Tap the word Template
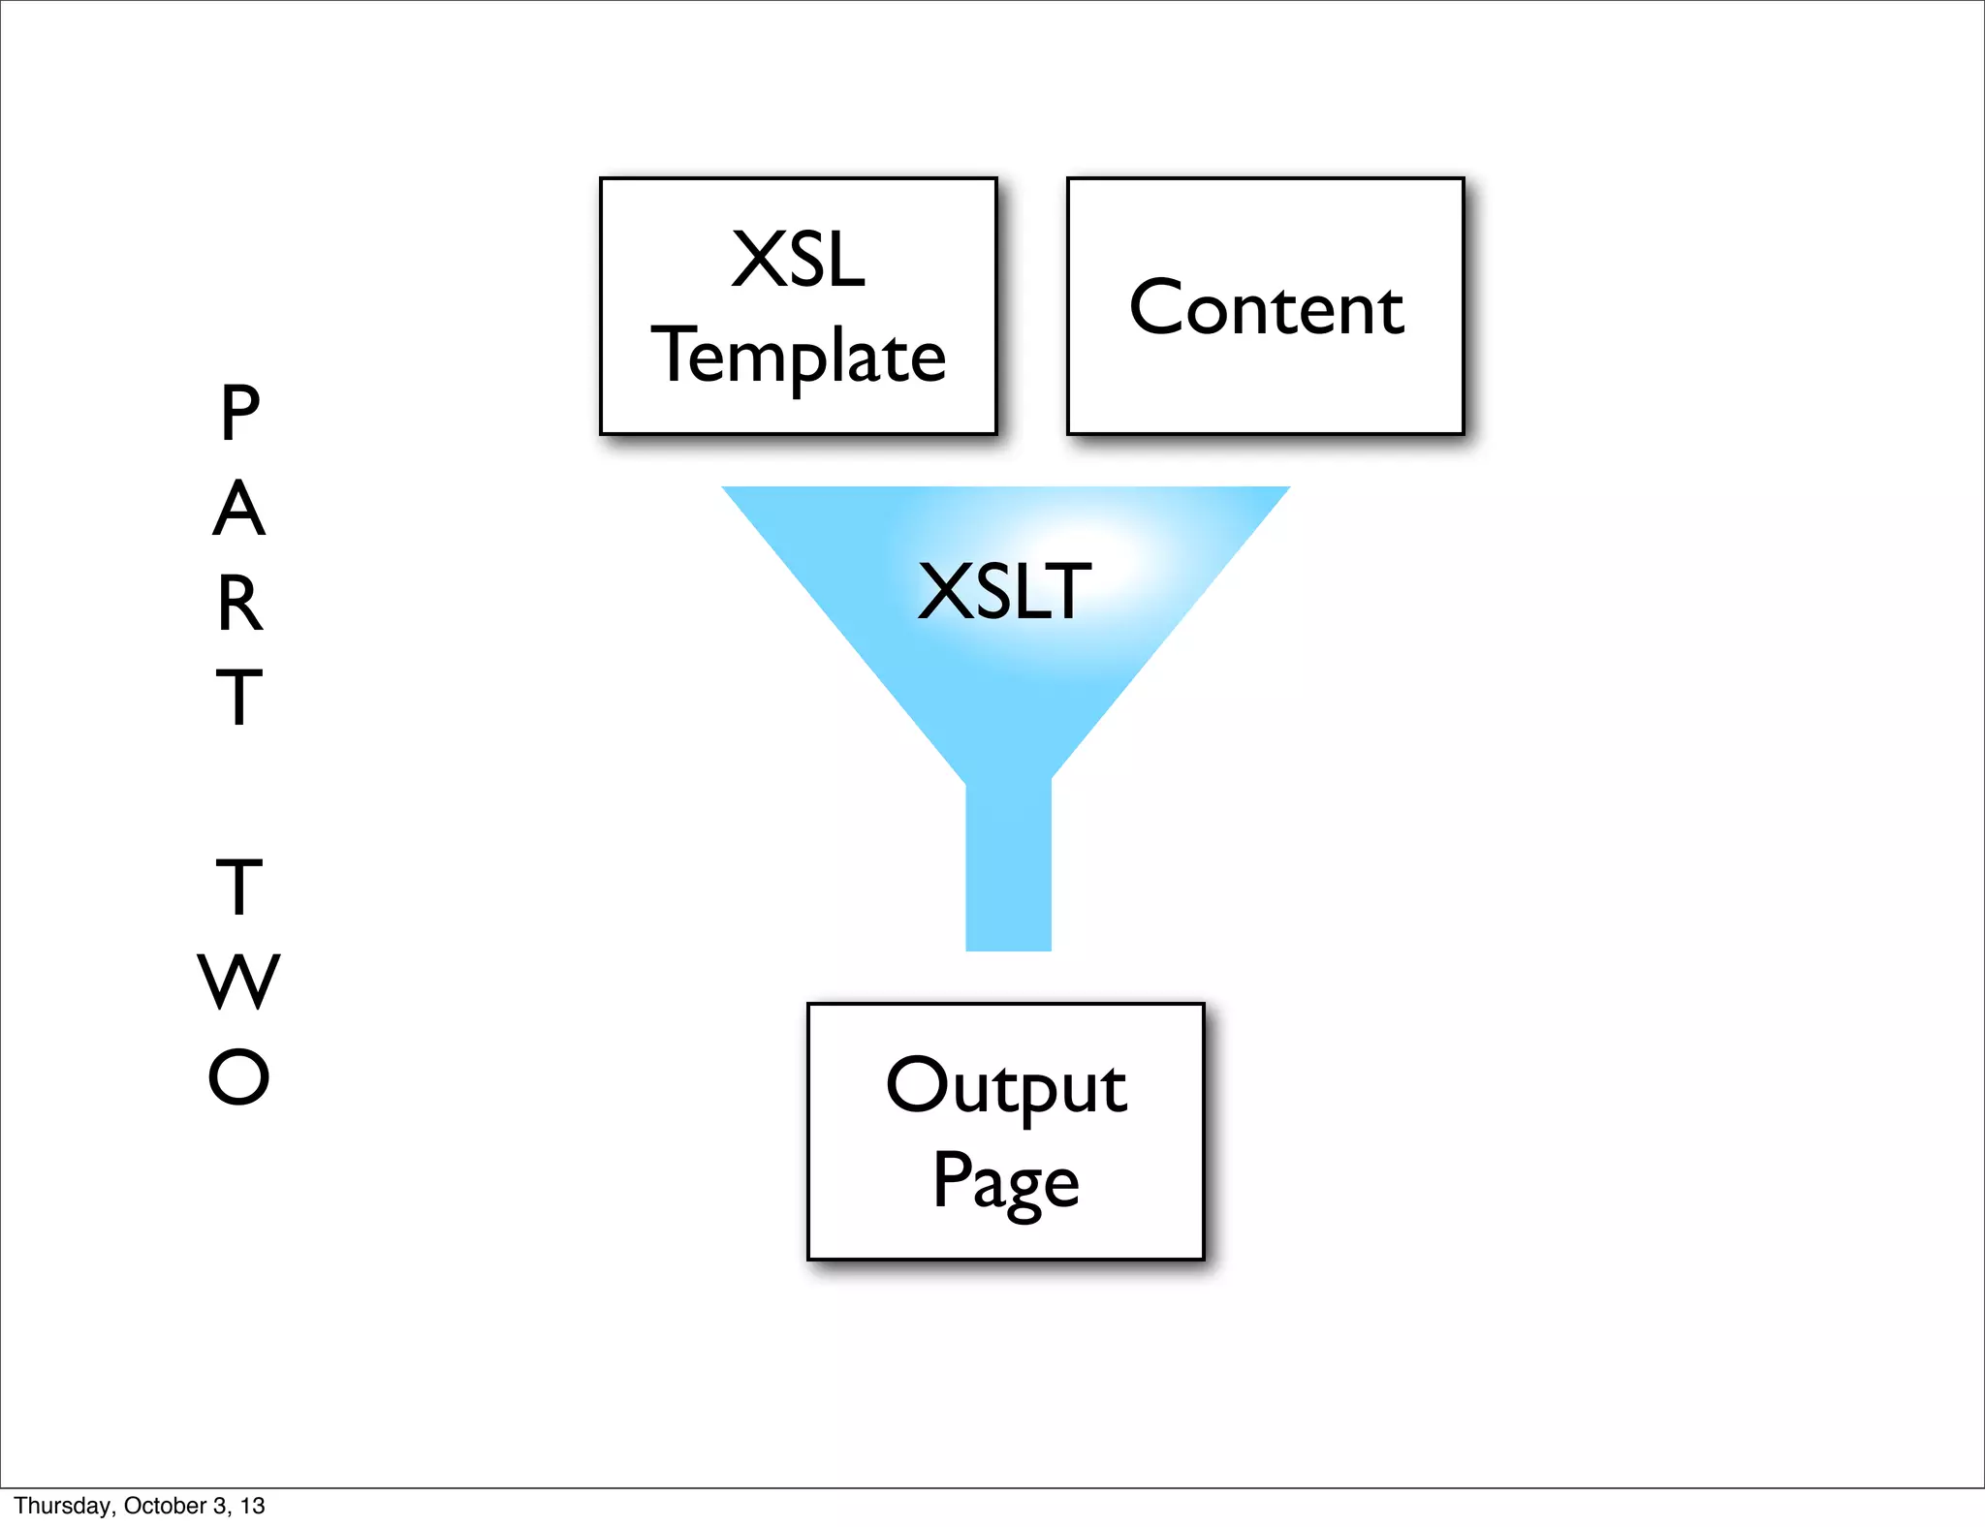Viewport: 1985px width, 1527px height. point(799,357)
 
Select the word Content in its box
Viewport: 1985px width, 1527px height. point(1266,308)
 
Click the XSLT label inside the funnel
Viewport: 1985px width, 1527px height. point(1004,591)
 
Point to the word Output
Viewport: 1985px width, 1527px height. point(1006,1087)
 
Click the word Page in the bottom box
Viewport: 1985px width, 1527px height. point(1006,1182)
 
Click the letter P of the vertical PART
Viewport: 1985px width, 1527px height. point(239,413)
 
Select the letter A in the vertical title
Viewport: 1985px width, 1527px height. point(238,509)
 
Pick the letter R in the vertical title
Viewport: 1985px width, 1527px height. point(239,604)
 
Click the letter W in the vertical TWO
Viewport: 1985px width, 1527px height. point(238,982)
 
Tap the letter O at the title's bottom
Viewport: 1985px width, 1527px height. point(238,1076)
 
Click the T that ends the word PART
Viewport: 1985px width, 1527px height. point(238,697)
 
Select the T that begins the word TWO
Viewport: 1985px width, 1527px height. point(238,888)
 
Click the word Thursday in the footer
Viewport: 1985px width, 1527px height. point(62,1506)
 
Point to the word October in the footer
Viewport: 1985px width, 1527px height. point(165,1506)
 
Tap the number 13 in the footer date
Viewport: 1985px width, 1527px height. point(253,1506)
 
